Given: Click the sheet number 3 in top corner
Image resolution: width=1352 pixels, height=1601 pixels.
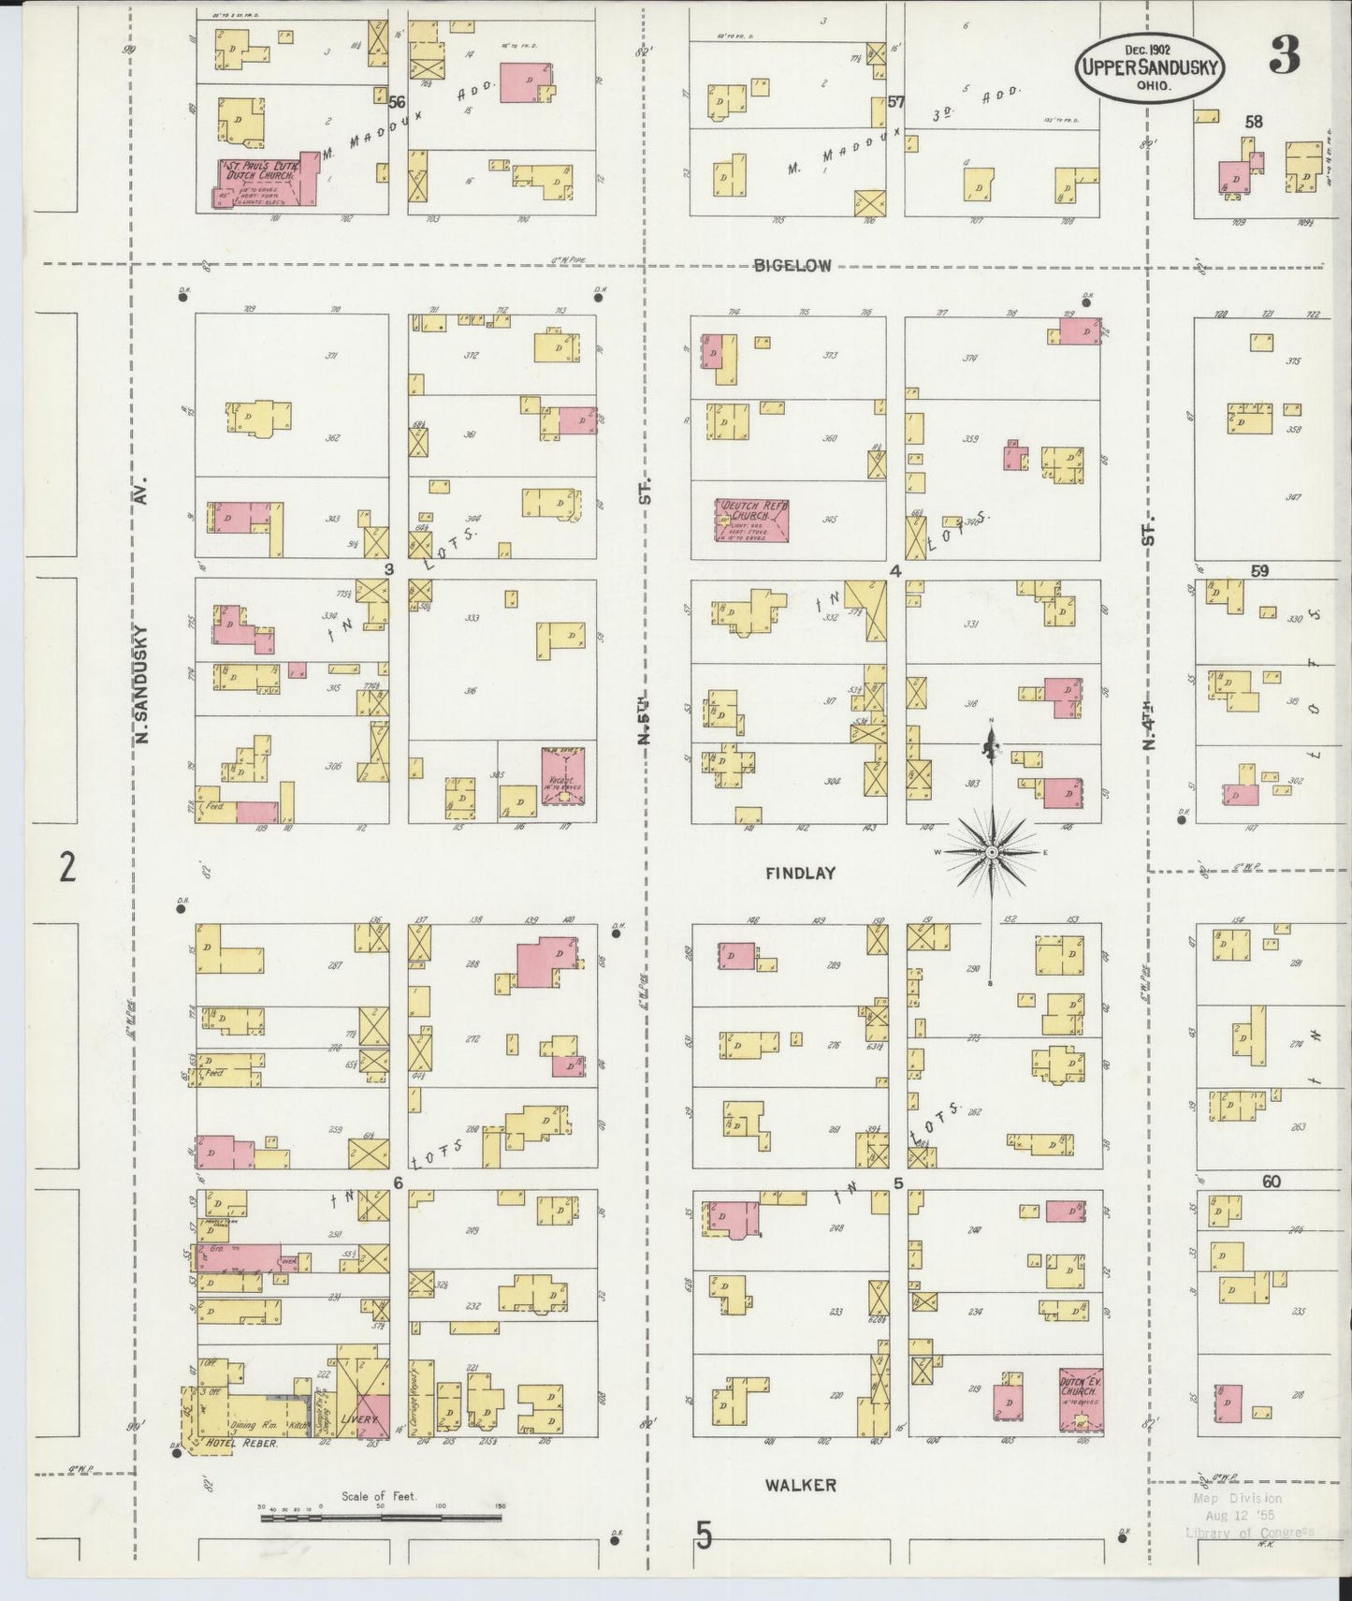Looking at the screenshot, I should click(x=1284, y=58).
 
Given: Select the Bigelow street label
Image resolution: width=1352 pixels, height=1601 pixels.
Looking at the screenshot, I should click(x=792, y=266).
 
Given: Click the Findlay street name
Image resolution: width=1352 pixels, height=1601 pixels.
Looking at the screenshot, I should click(x=800, y=874).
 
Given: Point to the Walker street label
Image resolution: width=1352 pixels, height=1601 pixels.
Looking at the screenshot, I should click(x=800, y=1485).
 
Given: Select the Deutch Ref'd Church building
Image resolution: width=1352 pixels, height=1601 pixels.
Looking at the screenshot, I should click(x=752, y=520).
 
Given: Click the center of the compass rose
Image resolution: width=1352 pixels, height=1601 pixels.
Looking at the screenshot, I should click(x=991, y=853).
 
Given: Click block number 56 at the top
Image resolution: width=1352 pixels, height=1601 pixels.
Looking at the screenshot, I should click(x=397, y=103).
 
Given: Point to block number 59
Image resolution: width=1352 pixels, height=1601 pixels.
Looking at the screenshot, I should click(x=1259, y=570).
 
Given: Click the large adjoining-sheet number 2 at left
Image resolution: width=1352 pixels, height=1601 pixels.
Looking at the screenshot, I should click(x=66, y=868).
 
